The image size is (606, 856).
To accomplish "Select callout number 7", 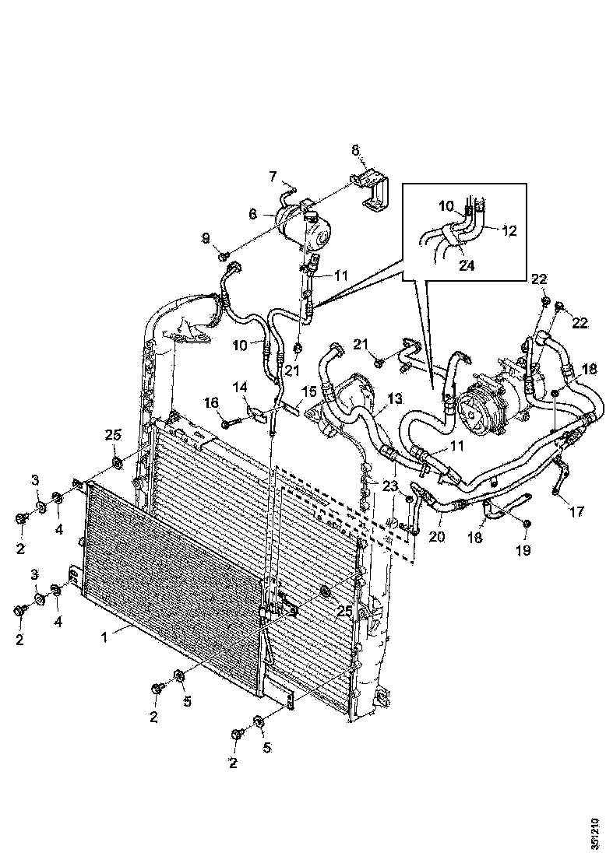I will [x=273, y=175].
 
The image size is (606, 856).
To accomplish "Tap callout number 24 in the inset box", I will [x=466, y=264].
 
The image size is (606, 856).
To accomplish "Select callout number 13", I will [x=395, y=398].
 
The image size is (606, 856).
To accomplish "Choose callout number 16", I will [x=211, y=402].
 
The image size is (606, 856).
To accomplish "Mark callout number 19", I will [x=522, y=550].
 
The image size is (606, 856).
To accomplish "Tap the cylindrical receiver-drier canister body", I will [x=305, y=226].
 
